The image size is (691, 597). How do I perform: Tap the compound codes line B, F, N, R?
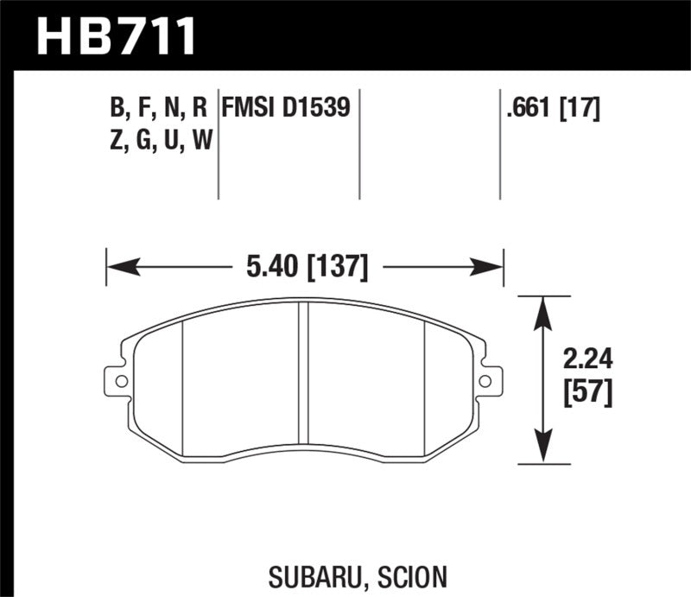159,107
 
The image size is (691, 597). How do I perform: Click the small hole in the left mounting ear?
121,381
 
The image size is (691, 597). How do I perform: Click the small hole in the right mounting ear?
486,381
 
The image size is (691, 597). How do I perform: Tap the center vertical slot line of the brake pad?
304,380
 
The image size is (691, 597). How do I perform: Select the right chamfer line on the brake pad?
426,380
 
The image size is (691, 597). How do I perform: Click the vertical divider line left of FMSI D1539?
218,143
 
